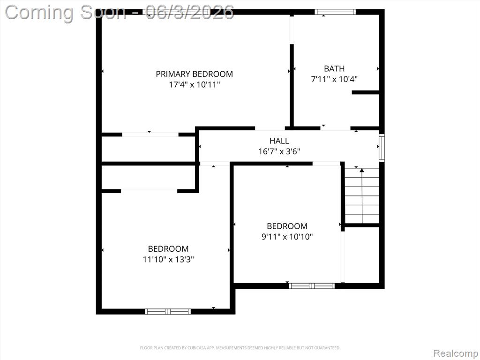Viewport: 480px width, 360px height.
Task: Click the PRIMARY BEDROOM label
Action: (194, 74)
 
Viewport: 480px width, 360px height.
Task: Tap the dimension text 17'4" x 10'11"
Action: (195, 84)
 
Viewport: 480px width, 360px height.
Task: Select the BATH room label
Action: (334, 68)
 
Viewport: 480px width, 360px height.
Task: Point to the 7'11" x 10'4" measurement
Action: (334, 79)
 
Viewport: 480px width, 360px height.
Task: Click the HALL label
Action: (279, 141)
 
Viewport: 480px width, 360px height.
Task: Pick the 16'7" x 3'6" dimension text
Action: (279, 151)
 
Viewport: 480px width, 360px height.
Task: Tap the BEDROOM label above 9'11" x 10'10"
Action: (287, 226)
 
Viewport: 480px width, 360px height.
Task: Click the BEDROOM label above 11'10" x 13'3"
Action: (168, 249)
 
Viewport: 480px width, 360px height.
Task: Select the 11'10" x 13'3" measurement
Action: (168, 260)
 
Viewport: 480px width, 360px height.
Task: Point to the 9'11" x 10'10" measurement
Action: (287, 237)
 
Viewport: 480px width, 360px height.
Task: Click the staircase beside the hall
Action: (362, 196)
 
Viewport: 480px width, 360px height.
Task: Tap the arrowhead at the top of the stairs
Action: (362, 170)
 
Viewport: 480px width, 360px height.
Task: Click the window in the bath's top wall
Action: (335, 12)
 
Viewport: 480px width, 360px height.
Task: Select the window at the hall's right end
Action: (382, 148)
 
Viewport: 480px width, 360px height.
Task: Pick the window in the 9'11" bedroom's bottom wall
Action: (312, 286)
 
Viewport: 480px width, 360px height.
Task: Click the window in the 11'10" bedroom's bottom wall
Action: (168, 312)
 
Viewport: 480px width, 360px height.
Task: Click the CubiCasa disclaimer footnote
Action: (240, 348)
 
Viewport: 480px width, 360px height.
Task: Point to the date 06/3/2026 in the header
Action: (190, 12)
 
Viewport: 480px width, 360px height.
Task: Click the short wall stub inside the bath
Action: (366, 92)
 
